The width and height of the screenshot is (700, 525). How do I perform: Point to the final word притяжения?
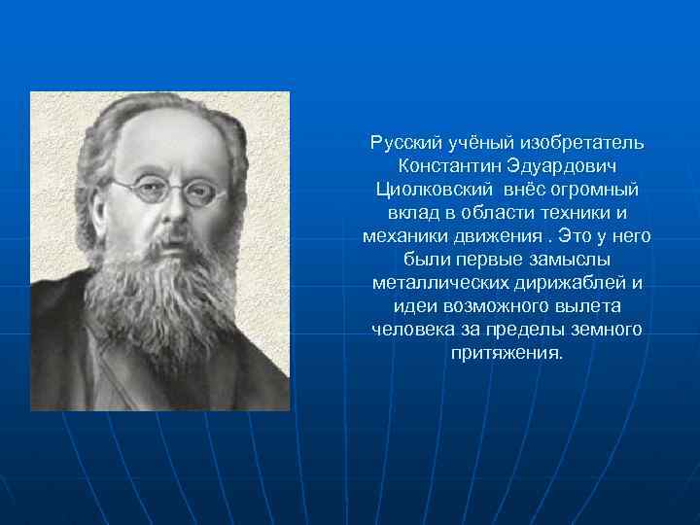[507, 353]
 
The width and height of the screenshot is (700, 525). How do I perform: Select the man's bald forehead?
[170, 136]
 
